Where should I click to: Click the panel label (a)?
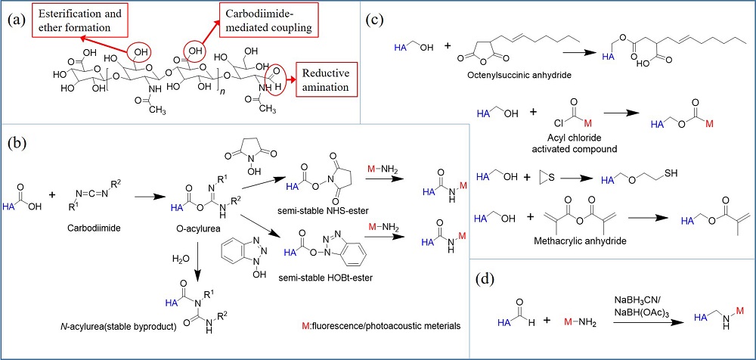pyautogui.click(x=17, y=16)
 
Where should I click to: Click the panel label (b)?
pyautogui.click(x=19, y=144)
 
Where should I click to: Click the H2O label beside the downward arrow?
pyautogui.click(x=180, y=259)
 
